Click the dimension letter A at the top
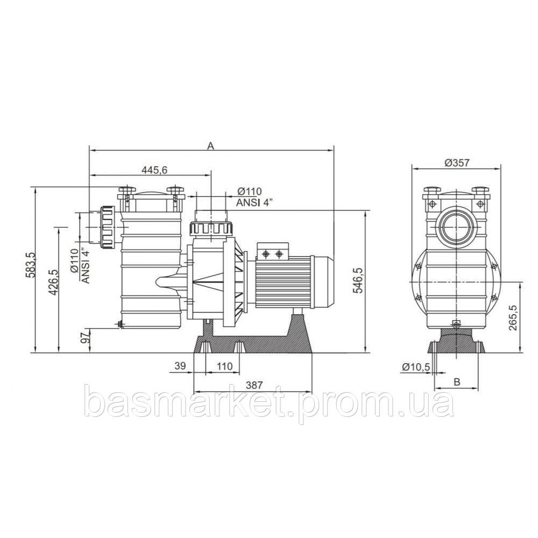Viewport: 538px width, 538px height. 211,145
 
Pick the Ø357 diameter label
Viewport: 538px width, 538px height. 457,162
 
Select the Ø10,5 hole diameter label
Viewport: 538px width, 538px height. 415,367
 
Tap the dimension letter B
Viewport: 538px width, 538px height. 457,382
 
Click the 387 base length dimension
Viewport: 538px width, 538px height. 254,385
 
